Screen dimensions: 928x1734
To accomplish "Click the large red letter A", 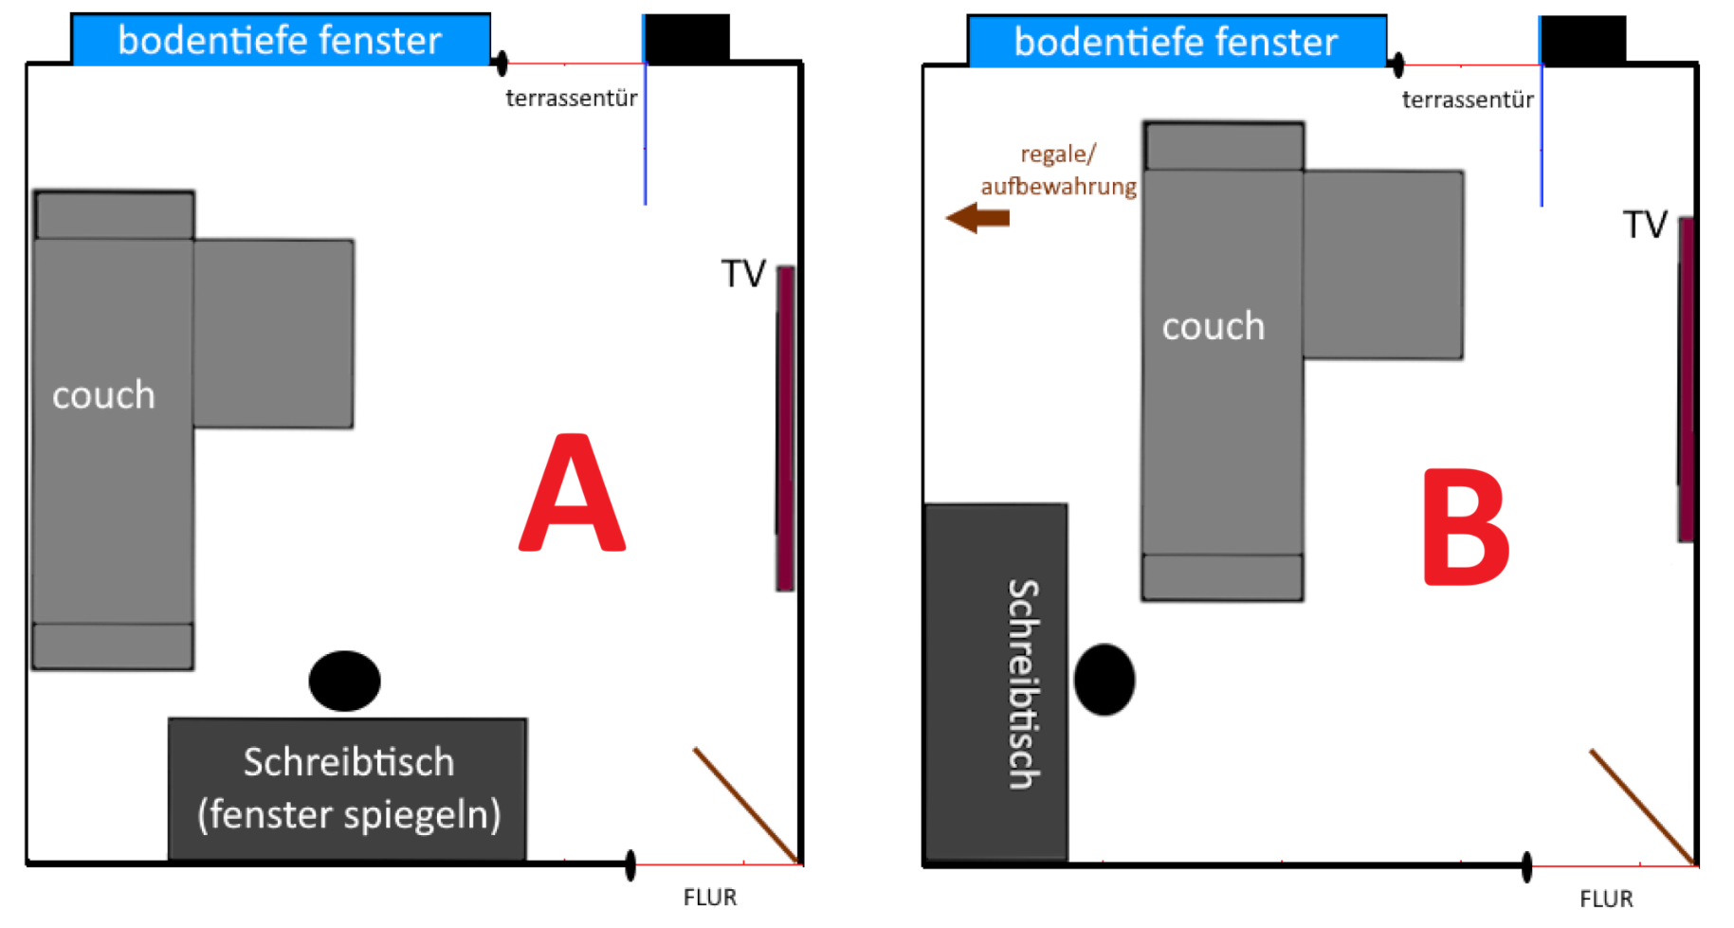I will tap(572, 495).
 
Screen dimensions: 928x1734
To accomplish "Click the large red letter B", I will tap(1465, 527).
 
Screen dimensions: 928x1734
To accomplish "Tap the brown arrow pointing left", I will tap(978, 218).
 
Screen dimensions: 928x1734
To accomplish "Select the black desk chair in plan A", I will tap(344, 681).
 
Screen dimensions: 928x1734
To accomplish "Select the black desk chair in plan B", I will tap(1104, 680).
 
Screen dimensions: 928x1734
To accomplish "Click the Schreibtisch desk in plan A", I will tap(348, 789).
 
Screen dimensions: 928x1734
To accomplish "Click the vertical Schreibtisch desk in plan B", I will tap(995, 682).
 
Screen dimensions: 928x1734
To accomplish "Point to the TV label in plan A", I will tap(743, 274).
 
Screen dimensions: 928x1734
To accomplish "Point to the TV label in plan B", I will tap(1645, 226).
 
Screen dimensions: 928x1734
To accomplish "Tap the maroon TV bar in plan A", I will tap(786, 428).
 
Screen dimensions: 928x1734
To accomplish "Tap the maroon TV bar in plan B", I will tap(1686, 379).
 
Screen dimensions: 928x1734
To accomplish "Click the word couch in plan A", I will tap(103, 395).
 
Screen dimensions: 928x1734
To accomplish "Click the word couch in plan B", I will tap(1214, 327).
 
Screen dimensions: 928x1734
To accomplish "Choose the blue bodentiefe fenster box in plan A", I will tap(280, 41).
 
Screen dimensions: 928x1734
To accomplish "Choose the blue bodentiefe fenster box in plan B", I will tap(1176, 43).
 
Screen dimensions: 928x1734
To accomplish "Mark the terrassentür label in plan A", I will tap(572, 99).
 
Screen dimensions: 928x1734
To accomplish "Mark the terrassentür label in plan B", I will tap(1468, 100).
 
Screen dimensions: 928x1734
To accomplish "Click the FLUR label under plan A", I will tap(710, 897).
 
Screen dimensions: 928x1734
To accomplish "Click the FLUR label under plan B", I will tap(1606, 899).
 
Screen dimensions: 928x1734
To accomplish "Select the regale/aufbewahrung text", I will tap(1058, 171).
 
